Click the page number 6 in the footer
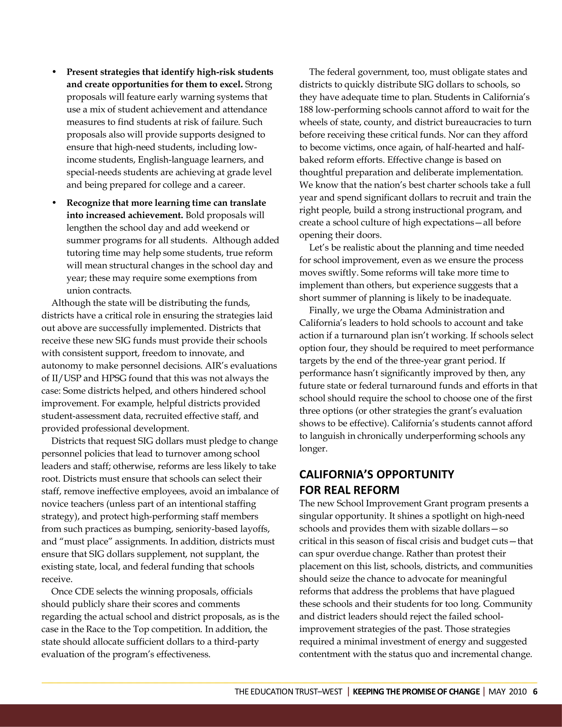pyautogui.click(x=535, y=692)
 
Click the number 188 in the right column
pyautogui.click(x=306, y=109)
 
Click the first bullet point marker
pyautogui.click(x=54, y=72)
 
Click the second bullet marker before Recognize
pyautogui.click(x=54, y=203)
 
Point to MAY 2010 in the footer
pyautogui.click(x=507, y=692)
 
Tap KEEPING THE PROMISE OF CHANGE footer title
pyautogui.click(x=416, y=692)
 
